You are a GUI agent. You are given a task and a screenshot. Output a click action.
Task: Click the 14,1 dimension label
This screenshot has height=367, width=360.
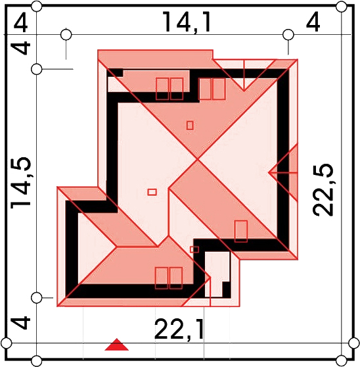pyautogui.click(x=187, y=22)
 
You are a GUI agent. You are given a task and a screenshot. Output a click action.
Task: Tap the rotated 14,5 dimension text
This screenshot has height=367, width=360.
pyautogui.click(x=20, y=182)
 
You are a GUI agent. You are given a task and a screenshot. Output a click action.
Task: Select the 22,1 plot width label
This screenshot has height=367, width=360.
pyautogui.click(x=179, y=330)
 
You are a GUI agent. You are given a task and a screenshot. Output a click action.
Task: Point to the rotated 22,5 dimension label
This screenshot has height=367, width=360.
pyautogui.click(x=323, y=189)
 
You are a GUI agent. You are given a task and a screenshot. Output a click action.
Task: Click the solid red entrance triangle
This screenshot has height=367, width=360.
pyautogui.click(x=116, y=345)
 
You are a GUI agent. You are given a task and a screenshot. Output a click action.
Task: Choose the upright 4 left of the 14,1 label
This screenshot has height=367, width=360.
pyautogui.click(x=20, y=24)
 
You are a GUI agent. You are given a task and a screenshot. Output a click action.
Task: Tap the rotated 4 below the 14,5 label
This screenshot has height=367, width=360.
pyautogui.click(x=21, y=323)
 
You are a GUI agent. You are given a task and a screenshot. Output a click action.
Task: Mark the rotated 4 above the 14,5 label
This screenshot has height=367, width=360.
pyautogui.click(x=21, y=48)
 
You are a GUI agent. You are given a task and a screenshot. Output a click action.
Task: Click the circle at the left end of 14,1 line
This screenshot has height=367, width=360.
pyautogui.click(x=66, y=35)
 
